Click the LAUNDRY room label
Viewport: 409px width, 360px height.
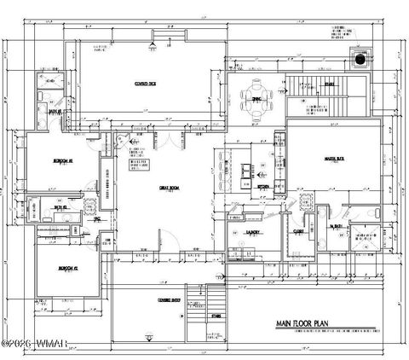coord(253,231)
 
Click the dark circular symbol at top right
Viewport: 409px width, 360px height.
coord(361,60)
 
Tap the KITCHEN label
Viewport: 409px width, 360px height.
coord(263,184)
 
